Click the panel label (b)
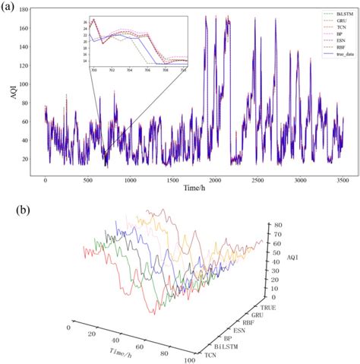10,204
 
